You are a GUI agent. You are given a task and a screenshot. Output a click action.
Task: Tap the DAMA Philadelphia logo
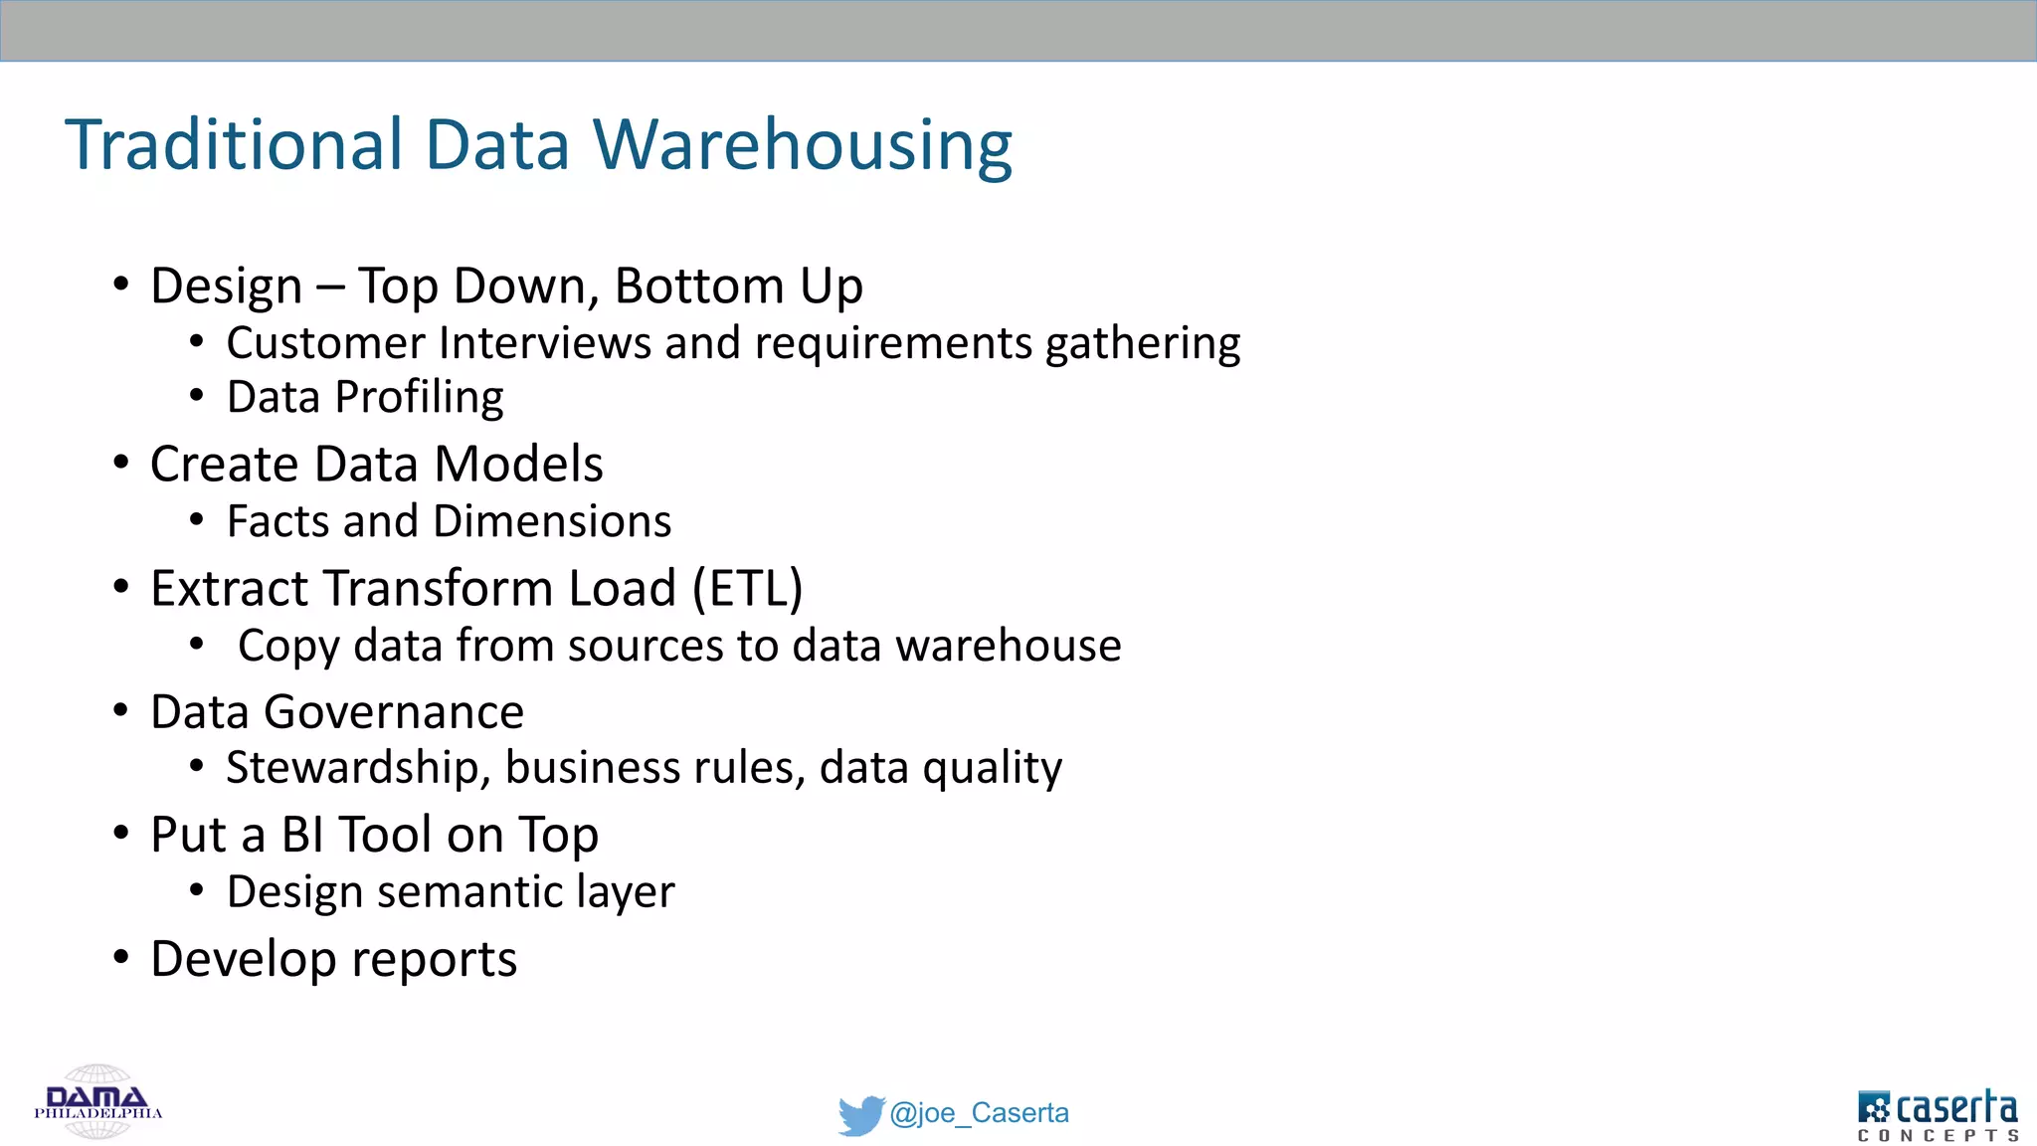(97, 1102)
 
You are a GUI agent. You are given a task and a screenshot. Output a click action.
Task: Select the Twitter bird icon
(860, 1114)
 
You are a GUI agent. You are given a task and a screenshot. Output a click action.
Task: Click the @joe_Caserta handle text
(979, 1112)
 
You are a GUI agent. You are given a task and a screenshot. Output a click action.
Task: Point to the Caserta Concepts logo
(1938, 1114)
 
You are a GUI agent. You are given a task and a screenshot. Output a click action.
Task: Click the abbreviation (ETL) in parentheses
(748, 587)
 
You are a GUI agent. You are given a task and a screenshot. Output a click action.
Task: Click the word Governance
(394, 712)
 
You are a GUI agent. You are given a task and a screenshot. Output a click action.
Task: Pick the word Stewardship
(353, 768)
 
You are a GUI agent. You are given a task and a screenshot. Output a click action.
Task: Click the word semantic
(469, 891)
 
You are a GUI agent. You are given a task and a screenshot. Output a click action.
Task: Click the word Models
(518, 464)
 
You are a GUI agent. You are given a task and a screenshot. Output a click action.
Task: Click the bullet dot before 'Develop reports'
(121, 957)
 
